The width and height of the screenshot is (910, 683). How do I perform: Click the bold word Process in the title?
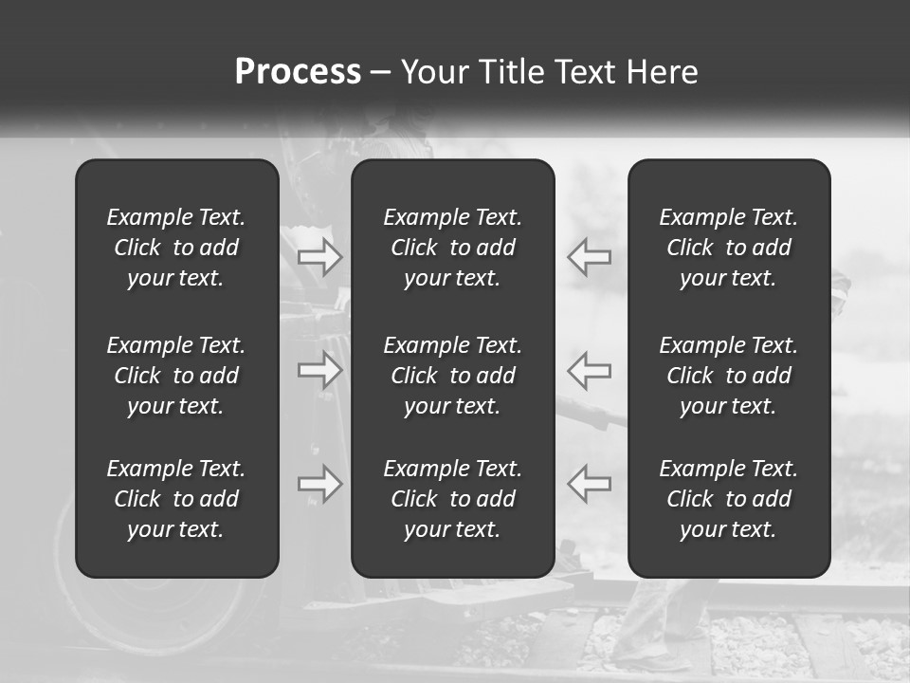coord(298,72)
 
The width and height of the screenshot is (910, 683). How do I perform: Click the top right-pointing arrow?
coord(320,256)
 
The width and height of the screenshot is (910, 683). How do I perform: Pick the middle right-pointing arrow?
coord(320,370)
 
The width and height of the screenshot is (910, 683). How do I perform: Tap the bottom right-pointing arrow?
coord(320,484)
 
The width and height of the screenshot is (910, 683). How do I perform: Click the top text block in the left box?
coord(176,248)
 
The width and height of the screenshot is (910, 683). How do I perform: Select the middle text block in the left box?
coord(176,376)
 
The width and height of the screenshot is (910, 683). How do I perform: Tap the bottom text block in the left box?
coord(176,499)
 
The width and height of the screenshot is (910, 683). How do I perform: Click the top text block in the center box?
coord(453,248)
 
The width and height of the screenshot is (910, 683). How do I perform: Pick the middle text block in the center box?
coord(453,376)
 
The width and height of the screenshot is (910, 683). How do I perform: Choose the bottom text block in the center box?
coord(453,499)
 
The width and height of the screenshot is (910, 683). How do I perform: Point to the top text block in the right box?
coord(729,248)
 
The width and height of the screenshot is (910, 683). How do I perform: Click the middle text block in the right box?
coord(729,376)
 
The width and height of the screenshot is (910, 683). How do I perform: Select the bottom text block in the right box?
coord(729,499)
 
